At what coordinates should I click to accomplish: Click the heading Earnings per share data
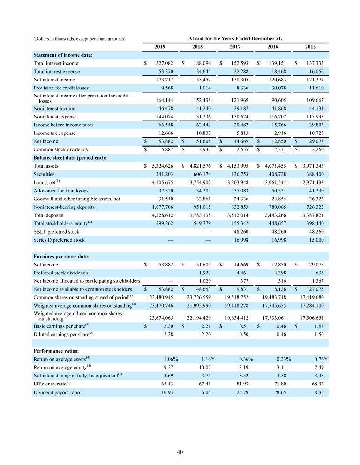[x=61, y=256]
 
